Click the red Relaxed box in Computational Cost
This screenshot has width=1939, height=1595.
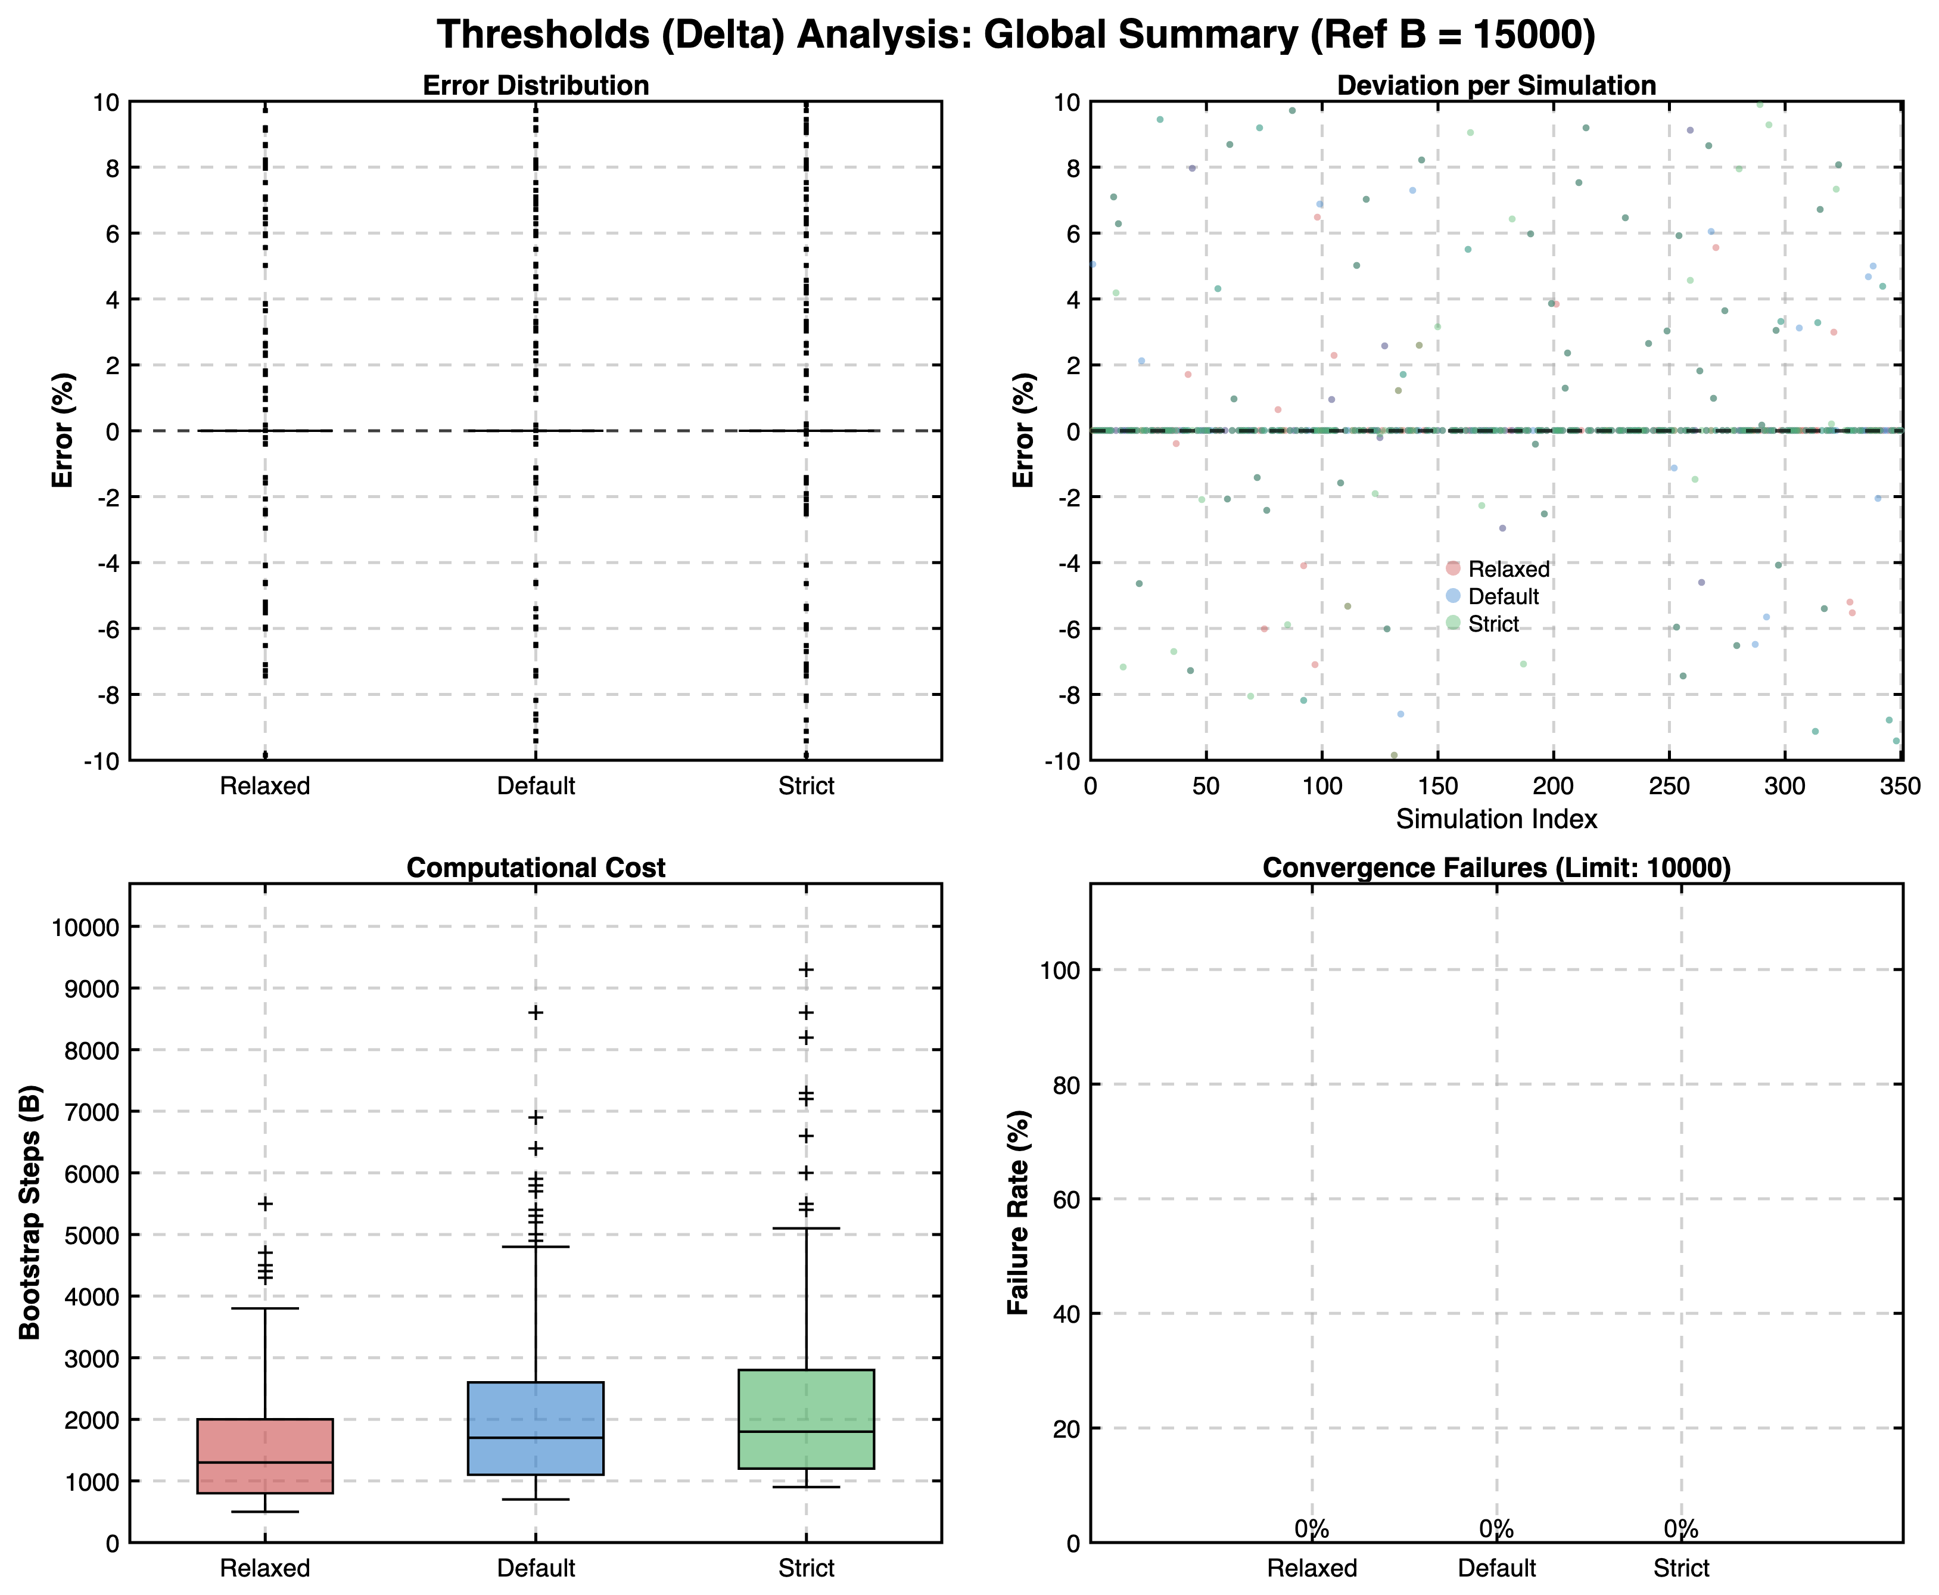[264, 1456]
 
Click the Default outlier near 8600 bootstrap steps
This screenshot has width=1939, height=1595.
[536, 1012]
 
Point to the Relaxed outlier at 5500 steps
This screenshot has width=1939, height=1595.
[264, 1204]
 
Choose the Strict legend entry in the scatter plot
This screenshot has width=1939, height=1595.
[1493, 624]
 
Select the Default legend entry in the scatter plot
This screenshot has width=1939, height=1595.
[1503, 596]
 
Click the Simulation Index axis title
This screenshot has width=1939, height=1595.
[1496, 819]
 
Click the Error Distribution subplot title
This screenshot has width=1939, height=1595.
[536, 85]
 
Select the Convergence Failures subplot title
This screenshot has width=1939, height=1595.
[1496, 868]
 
